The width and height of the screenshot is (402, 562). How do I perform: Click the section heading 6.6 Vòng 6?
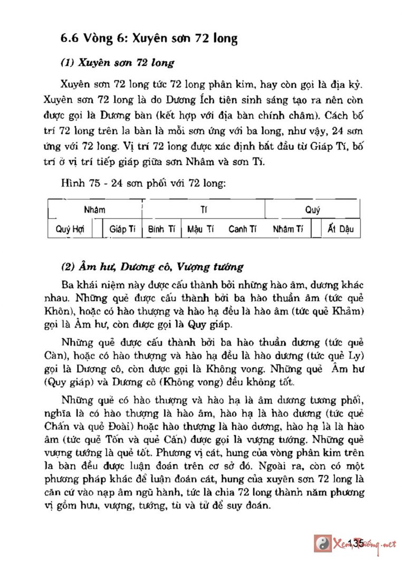(149, 38)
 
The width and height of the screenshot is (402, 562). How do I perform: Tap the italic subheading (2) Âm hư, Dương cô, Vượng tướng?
(152, 267)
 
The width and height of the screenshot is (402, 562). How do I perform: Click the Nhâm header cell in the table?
(94, 210)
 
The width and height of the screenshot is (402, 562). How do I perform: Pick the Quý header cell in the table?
(312, 210)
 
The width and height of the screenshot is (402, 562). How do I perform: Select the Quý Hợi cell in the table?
(70, 229)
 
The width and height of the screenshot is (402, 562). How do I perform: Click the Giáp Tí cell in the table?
(122, 229)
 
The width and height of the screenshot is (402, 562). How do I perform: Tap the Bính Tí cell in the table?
(161, 229)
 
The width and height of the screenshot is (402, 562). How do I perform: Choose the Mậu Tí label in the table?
(200, 229)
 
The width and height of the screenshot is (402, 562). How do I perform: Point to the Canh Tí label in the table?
(242, 229)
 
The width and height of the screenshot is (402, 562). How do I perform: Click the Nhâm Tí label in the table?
(288, 229)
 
